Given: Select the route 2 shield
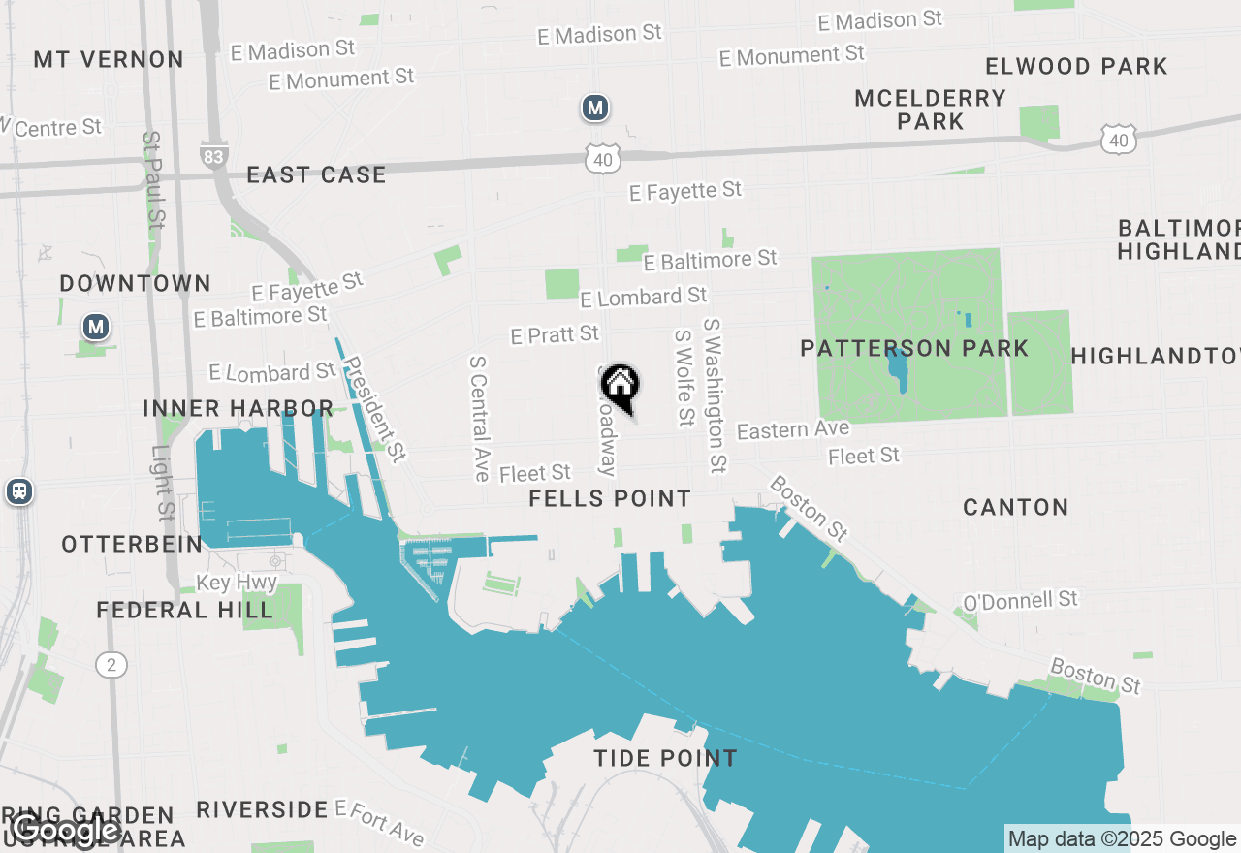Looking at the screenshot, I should [111, 665].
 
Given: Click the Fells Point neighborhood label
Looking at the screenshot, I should [610, 499].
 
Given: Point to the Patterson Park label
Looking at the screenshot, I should [913, 348].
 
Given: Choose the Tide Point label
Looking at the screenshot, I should [666, 758].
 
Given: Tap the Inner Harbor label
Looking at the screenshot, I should [239, 408].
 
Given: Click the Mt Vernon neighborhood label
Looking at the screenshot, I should [109, 59].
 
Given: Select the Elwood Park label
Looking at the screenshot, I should [1076, 67].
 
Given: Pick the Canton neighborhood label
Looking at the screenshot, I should [1015, 507].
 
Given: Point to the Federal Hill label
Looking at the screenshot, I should [184, 610].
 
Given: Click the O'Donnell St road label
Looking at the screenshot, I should [1020, 601].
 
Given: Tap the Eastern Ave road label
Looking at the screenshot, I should [793, 429].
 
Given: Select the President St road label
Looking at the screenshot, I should [374, 409].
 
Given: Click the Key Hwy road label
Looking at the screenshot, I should [237, 584].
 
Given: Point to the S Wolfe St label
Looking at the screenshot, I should [685, 377].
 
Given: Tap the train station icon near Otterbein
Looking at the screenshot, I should [18, 491].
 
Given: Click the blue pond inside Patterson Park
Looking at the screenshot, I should [897, 369].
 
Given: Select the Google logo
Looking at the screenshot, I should [66, 830].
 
